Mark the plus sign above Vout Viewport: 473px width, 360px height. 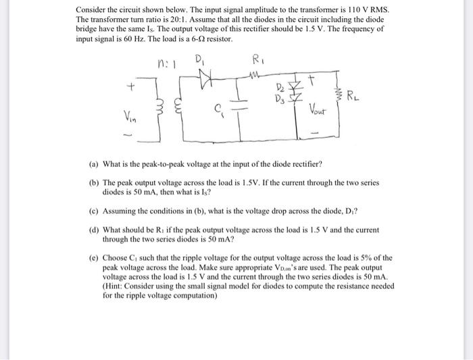tap(312, 81)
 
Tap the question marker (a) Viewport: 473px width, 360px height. tap(94, 164)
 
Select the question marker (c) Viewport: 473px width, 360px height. tap(94, 209)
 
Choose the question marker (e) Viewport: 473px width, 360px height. tap(94, 257)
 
